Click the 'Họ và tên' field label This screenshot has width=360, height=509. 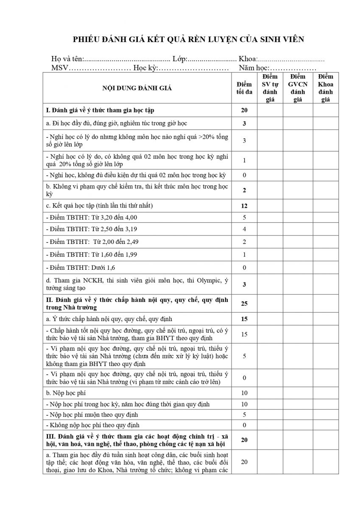pos(67,59)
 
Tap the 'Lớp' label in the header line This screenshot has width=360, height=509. pos(181,59)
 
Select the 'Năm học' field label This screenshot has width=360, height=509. pos(254,68)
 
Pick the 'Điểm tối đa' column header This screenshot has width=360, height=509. pos(244,88)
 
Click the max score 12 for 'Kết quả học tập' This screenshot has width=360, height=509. pos(244,206)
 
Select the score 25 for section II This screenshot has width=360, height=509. pos(244,304)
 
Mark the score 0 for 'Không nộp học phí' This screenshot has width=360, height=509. pos(244,425)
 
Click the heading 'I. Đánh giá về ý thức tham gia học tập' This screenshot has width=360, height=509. pos(100,110)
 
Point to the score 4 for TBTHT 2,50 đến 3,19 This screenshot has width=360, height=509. pos(244,229)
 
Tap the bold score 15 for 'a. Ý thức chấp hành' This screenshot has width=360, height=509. pos(244,319)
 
